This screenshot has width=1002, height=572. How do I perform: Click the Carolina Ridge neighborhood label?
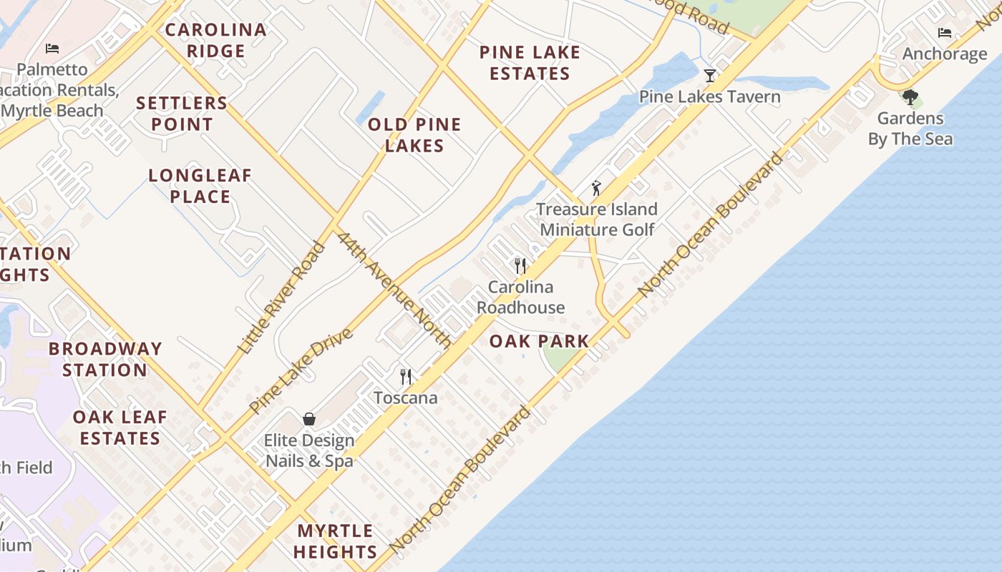215,40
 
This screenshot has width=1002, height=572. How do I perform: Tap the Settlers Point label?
182,113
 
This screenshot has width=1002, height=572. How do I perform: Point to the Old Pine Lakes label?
414,134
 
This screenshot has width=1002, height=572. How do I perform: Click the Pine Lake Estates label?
530,62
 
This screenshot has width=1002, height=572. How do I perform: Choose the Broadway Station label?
105,359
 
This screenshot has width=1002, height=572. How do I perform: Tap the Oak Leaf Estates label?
120,427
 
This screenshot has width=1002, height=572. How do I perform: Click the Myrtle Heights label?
335,541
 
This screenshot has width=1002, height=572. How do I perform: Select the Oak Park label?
539,341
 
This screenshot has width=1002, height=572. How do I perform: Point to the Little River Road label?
280,297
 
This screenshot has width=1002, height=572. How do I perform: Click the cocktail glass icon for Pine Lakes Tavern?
709,75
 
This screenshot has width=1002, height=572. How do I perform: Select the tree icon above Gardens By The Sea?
910,97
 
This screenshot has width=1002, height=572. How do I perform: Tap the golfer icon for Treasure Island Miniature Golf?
596,188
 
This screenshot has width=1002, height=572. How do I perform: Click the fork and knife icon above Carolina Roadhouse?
520,266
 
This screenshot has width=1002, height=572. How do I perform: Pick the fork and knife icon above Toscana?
406,376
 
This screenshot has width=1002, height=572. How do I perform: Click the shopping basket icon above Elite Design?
309,419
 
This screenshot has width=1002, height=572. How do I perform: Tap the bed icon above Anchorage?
945,33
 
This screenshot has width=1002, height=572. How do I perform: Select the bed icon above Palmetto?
52,49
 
